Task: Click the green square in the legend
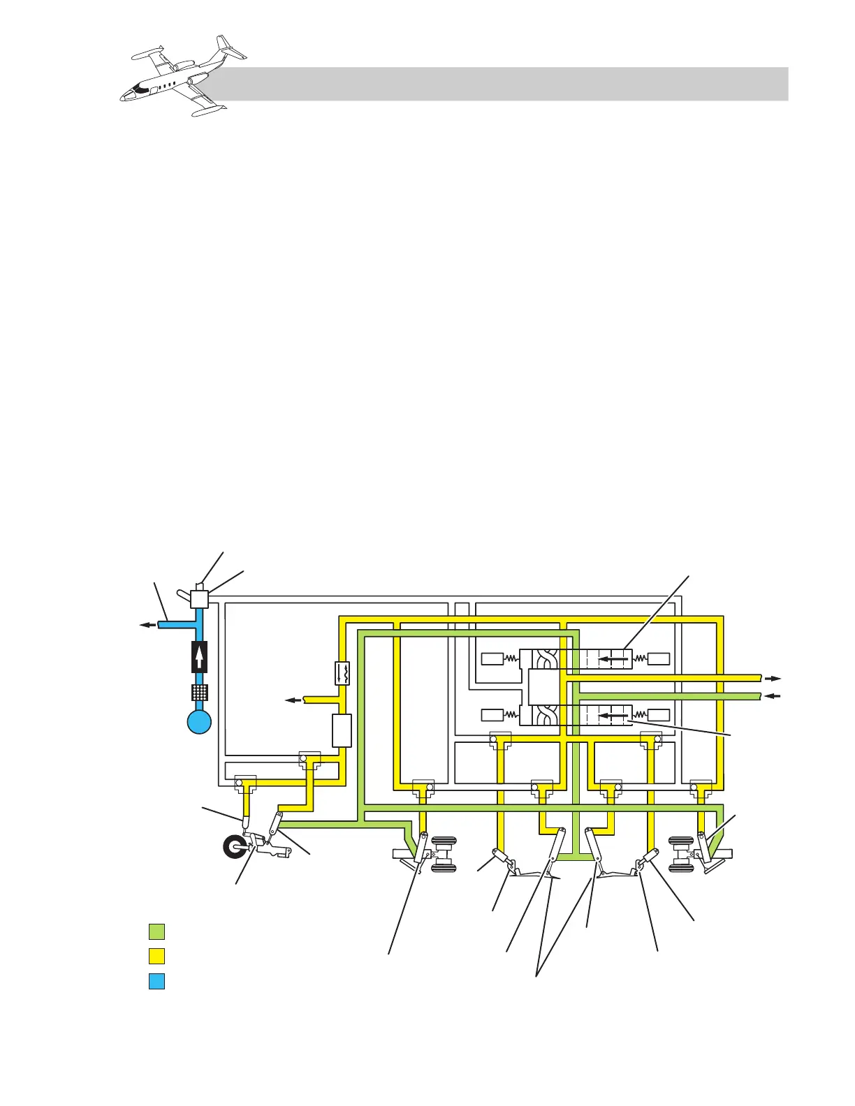[156, 931]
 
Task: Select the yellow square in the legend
[156, 956]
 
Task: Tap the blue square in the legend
[156, 981]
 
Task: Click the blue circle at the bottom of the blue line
[199, 721]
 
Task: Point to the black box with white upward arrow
[199, 657]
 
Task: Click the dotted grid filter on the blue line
[199, 693]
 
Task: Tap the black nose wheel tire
[234, 848]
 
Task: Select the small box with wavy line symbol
[342, 672]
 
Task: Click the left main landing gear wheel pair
[444, 854]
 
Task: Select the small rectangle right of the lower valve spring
[659, 716]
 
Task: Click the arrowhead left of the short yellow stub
[291, 699]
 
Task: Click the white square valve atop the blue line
[200, 599]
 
